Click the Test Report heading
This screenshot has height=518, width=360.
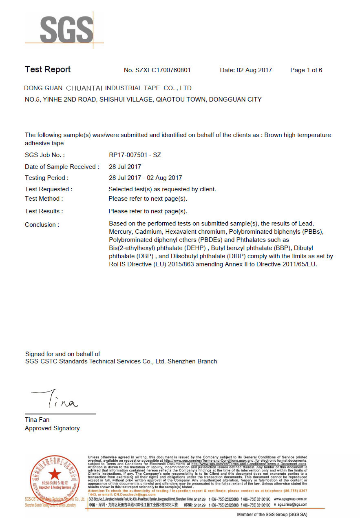pyautogui.click(x=48, y=70)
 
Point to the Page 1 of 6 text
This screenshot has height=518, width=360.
pyautogui.click(x=306, y=70)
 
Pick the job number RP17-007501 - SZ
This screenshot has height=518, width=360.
pyautogui.click(x=135, y=155)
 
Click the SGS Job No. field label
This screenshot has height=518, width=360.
pyautogui.click(x=45, y=155)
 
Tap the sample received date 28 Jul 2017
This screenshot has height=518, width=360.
pyautogui.click(x=125, y=166)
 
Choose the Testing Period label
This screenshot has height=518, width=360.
pyautogui.click(x=46, y=178)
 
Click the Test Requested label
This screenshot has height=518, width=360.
pyautogui.click(x=49, y=189)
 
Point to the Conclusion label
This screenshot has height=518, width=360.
pyautogui.click(x=42, y=225)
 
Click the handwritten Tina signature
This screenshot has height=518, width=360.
pyautogui.click(x=55, y=400)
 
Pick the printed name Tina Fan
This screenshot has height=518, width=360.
pyautogui.click(x=37, y=420)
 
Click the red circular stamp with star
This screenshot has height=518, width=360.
pyautogui.click(x=55, y=475)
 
